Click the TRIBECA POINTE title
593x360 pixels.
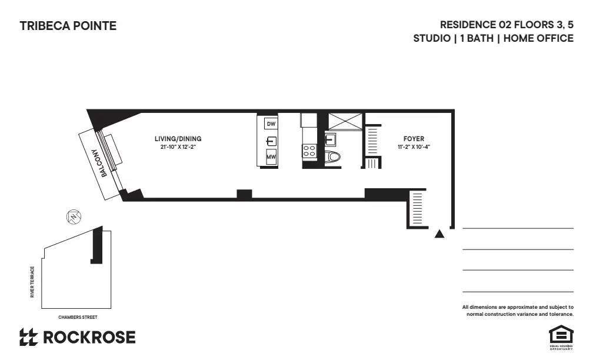(x=68, y=26)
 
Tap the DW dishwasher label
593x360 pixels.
(x=271, y=124)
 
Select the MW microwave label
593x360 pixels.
(x=271, y=157)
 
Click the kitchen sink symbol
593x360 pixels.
(x=271, y=141)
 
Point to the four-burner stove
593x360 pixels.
(x=309, y=151)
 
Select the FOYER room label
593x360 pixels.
(x=414, y=139)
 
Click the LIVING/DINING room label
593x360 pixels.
(x=178, y=139)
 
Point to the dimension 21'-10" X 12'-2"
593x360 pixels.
(x=178, y=147)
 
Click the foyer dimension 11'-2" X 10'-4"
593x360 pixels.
(x=414, y=147)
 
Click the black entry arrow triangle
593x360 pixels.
(x=439, y=234)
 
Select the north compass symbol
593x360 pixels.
(x=74, y=217)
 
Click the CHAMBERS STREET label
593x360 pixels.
(x=78, y=317)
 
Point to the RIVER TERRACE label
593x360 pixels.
(x=32, y=282)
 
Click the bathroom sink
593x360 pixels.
(x=329, y=139)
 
